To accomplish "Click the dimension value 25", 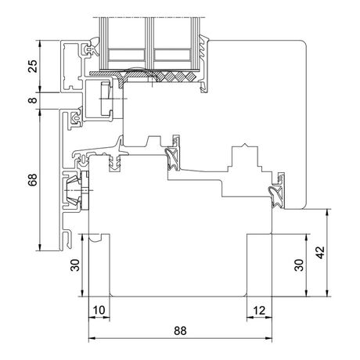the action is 33,67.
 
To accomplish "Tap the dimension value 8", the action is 33,100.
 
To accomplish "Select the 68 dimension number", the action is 33,179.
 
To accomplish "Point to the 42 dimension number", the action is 320,253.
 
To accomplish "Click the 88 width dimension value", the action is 180,331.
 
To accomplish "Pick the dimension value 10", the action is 99,310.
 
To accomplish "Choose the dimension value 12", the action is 259,311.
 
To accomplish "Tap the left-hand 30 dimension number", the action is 75,265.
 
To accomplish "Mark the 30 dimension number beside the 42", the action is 299,265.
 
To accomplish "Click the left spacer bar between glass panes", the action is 126,55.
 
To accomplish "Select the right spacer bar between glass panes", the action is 172,55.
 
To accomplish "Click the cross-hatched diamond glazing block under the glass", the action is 178,77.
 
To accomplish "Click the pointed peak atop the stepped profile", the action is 245,144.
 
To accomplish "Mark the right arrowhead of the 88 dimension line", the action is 268,339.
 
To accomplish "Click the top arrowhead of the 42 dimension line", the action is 328,213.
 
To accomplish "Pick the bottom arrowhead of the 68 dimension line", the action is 40,247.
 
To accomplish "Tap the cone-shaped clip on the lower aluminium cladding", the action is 72,190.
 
